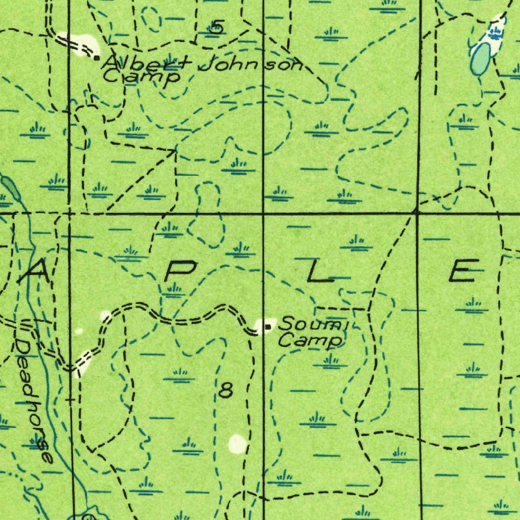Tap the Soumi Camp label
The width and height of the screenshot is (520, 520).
[312, 331]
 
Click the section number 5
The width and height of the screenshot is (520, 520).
[217, 26]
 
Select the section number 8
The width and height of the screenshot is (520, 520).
[226, 391]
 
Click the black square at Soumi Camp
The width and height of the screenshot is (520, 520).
[268, 327]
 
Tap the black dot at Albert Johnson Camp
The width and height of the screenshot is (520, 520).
[97, 57]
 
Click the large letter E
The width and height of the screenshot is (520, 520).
[464, 270]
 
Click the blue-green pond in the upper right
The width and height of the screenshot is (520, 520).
[480, 59]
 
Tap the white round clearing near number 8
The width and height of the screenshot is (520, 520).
[238, 444]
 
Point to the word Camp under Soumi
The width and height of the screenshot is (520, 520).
[310, 340]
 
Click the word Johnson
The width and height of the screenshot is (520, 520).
[251, 64]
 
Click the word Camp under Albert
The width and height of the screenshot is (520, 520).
[142, 77]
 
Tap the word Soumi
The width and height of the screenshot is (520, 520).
[314, 323]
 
